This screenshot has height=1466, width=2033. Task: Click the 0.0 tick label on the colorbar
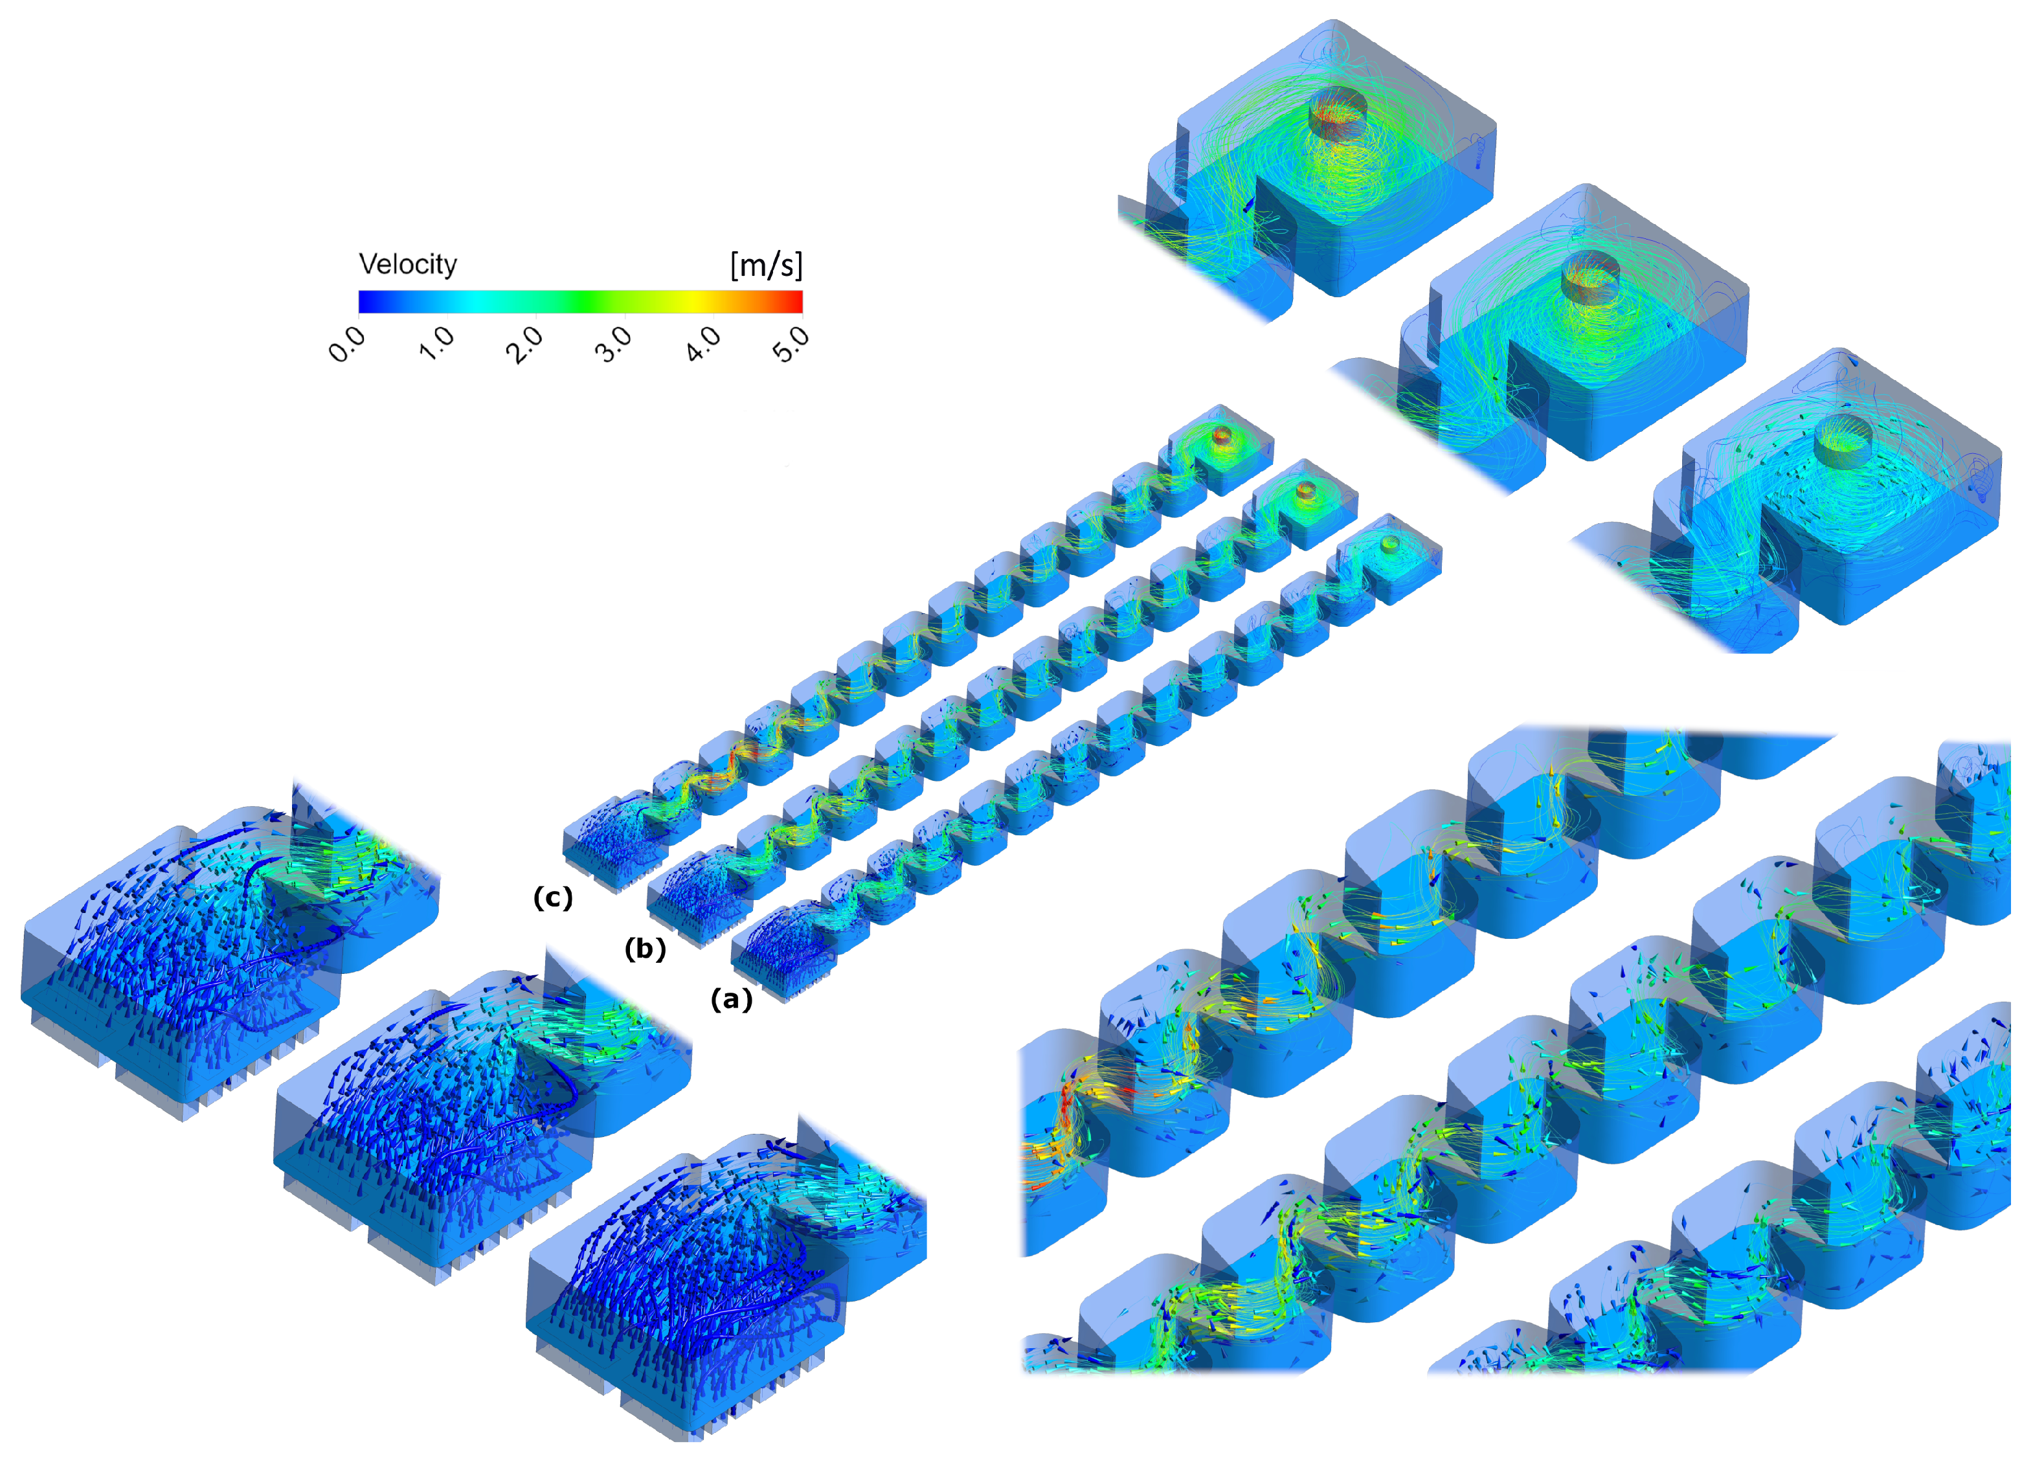[348, 344]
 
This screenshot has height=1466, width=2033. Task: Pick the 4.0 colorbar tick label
[702, 343]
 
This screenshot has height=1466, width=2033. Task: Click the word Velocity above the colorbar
[408, 264]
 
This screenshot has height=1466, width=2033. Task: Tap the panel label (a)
[732, 999]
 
